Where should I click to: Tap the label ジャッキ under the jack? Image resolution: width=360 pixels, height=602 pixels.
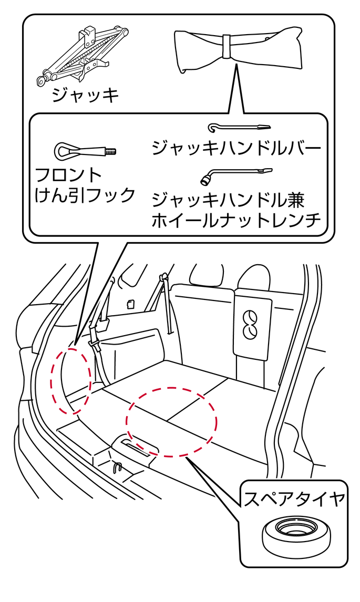click(x=86, y=95)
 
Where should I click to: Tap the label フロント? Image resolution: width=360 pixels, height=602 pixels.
click(x=68, y=174)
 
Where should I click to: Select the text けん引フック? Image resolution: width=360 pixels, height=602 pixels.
click(x=85, y=195)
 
